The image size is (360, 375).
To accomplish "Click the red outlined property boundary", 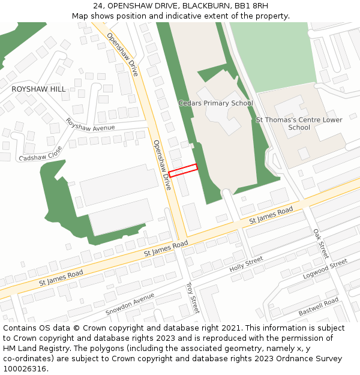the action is [x=183, y=170].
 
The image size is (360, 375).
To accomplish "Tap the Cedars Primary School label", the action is [x=216, y=103].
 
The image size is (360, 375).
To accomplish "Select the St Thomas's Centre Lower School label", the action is [x=299, y=124].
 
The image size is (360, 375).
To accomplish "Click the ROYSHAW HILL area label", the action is [x=39, y=89].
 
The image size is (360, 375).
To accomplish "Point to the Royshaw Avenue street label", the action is [x=90, y=125].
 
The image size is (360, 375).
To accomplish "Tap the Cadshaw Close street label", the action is [x=41, y=154].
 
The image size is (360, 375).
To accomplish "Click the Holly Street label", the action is [x=246, y=264].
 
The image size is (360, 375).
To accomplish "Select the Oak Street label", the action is [x=321, y=244].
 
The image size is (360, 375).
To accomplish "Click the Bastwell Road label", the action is [x=319, y=306].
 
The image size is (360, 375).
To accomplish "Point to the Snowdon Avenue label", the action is [x=130, y=305].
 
